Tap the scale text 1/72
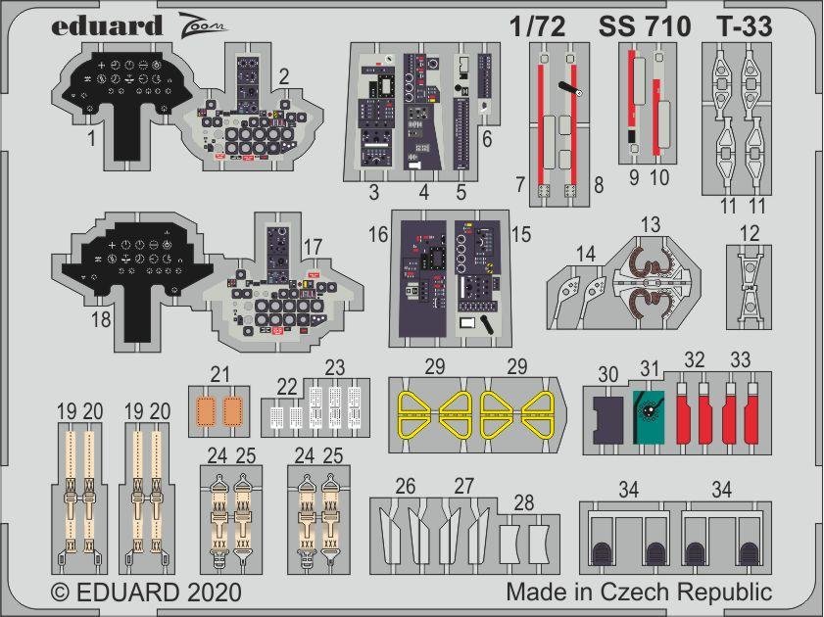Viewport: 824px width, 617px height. (538, 27)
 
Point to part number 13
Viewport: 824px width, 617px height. (651, 224)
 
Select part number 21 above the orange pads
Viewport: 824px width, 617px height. (220, 374)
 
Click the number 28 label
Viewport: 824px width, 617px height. (524, 502)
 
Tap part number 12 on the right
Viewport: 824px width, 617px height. (751, 233)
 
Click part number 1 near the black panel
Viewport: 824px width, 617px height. (90, 139)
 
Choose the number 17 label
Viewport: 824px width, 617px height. (313, 246)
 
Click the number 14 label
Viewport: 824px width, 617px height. (585, 254)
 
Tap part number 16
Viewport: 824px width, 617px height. (407, 236)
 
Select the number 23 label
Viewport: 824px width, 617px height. (335, 367)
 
